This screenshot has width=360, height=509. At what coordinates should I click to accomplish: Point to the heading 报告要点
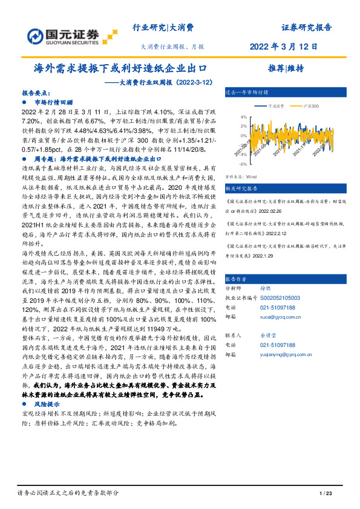36,94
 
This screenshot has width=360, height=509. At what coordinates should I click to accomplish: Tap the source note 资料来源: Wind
240,177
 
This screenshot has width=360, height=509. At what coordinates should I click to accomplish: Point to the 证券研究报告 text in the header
306,27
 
